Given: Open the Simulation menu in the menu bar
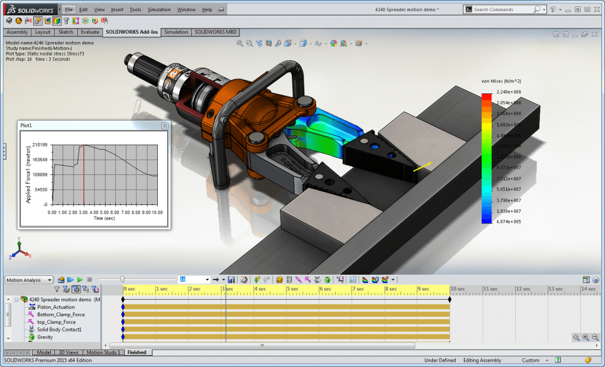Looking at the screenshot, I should [159, 9].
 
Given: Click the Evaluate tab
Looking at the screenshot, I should [90, 32].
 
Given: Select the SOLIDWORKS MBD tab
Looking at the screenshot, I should [216, 32].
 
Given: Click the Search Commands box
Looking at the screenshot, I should [502, 9].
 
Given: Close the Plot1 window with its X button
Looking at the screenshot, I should [165, 125].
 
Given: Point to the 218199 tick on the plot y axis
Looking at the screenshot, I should [40, 145].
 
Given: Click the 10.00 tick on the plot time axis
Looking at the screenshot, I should [157, 212].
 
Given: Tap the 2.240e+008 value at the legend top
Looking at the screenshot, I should [508, 92].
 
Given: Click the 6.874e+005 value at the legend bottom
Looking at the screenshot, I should [508, 222].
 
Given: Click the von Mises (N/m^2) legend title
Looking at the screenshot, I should [501, 80].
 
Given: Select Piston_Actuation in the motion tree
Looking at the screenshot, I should [57, 307].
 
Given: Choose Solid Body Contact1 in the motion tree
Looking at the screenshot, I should [59, 329].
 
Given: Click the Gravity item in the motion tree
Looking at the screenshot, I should [45, 337].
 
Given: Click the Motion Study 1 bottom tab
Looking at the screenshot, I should [103, 352].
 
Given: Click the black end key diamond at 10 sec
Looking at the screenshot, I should [450, 299].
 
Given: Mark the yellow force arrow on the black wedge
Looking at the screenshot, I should [422, 167].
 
